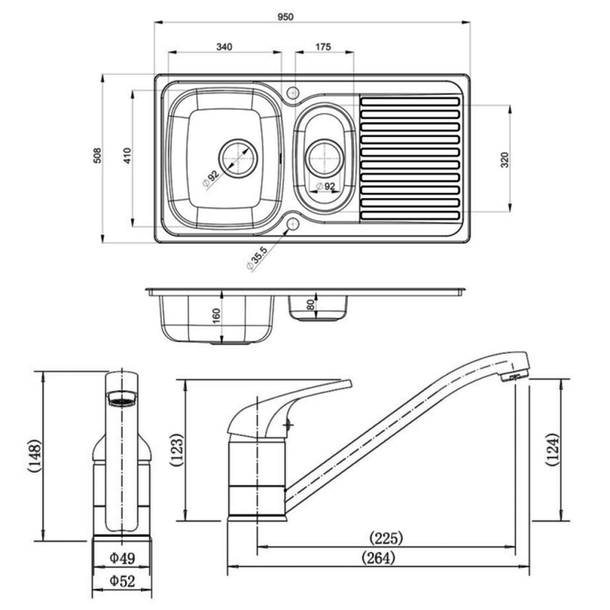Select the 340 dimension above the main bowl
coord(223,47)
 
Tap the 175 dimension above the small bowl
coord(323,47)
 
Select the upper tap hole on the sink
coord(293,93)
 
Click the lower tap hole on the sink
coord(293,225)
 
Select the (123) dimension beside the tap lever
coord(175,451)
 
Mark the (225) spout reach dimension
coord(385,538)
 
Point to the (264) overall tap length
coord(379,558)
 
